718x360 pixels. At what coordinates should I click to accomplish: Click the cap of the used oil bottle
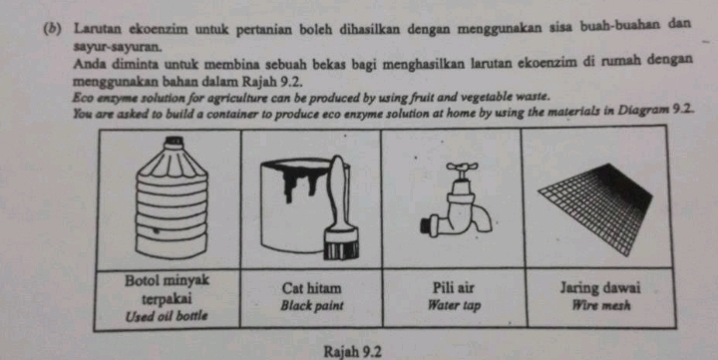click(x=175, y=142)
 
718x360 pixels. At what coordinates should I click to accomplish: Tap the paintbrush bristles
click(x=341, y=249)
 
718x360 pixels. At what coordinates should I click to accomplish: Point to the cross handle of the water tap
click(x=463, y=168)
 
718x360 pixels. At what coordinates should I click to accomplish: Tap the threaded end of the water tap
click(x=428, y=225)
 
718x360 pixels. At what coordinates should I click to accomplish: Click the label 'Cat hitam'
click(x=312, y=288)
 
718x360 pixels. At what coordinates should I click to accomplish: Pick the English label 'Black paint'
click(x=312, y=305)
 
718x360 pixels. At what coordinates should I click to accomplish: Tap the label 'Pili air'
click(x=454, y=288)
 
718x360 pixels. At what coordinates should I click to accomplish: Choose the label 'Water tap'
click(x=454, y=305)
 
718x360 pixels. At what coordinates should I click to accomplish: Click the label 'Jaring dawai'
click(x=600, y=288)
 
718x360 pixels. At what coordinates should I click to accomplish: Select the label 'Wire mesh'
click(x=601, y=305)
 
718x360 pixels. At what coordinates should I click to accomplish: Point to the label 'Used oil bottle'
click(x=167, y=315)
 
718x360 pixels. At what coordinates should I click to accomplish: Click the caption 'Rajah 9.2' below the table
click(x=353, y=352)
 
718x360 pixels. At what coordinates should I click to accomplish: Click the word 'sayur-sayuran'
click(x=118, y=47)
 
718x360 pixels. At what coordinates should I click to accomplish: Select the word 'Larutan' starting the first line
click(x=98, y=28)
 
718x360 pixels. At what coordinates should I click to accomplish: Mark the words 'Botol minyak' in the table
click(x=167, y=279)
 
